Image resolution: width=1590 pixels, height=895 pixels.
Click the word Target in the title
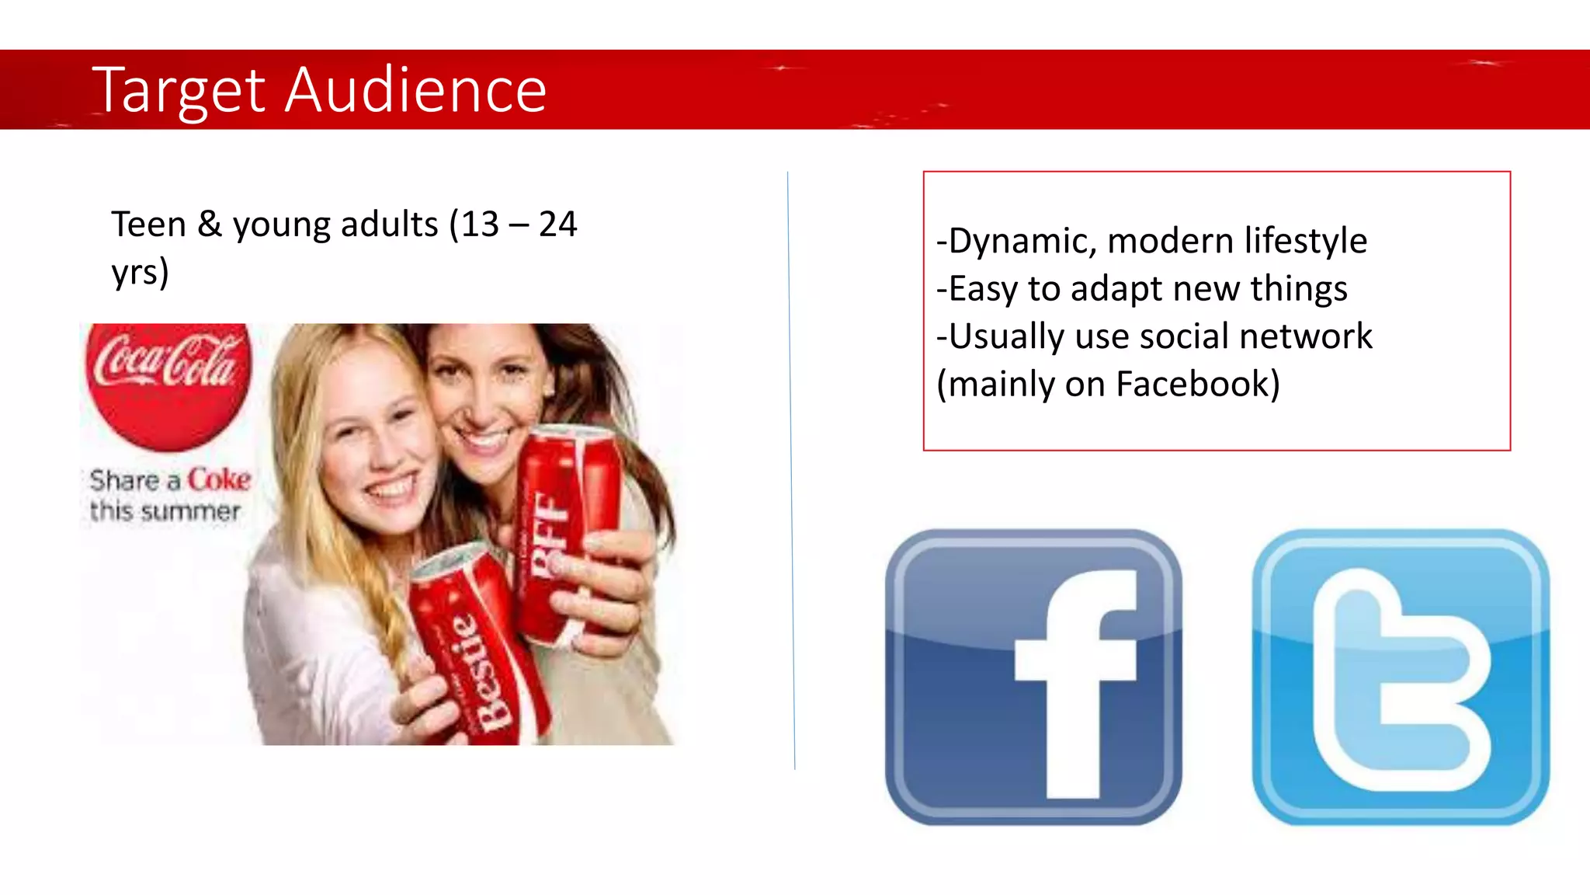pos(179,91)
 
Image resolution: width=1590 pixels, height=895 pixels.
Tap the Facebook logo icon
pos(1033,677)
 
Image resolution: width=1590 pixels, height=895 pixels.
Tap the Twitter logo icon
pos(1401,677)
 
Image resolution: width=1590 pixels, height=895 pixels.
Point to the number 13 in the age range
pos(480,225)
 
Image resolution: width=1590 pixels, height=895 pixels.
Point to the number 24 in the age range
pos(557,225)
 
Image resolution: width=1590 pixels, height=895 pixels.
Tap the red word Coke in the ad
pos(219,479)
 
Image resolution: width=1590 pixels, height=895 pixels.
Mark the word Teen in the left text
pos(148,225)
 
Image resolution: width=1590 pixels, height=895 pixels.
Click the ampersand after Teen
pos(209,225)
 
